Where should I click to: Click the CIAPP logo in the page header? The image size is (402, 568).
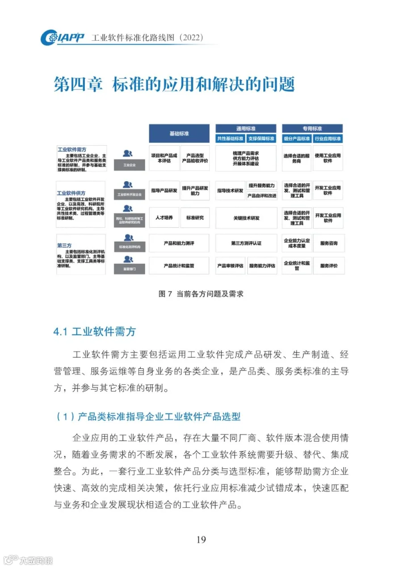pos(62,38)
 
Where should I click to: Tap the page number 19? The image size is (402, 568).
pos(201,539)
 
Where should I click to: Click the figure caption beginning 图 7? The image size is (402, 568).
pos(201,294)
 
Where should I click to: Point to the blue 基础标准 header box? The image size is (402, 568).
pos(179,133)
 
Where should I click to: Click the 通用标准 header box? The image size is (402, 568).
pos(246,128)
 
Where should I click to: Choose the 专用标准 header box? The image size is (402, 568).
pos(312,128)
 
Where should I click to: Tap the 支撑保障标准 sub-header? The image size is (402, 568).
pos(262,139)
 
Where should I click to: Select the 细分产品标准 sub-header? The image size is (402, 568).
pos(297,139)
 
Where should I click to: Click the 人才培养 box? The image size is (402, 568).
pos(163,218)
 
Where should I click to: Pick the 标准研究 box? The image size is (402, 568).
pos(195,218)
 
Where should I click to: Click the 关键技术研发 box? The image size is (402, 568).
pos(246,218)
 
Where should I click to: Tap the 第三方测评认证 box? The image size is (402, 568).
pos(246,243)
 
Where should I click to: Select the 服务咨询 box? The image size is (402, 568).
pos(328,243)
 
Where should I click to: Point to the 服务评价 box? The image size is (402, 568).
pos(328,266)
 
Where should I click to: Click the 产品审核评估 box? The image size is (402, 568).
pos(230,266)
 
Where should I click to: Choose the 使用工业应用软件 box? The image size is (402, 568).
pos(328,158)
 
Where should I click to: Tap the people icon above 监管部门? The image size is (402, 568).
pos(128,259)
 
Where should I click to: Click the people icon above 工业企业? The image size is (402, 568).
pos(128,153)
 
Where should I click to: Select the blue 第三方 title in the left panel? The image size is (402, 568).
pos(64,245)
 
